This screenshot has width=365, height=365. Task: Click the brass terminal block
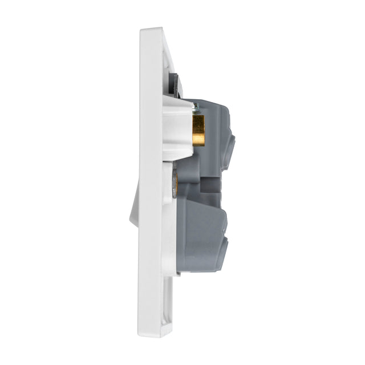point(198,130)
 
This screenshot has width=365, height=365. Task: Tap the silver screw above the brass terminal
point(194,106)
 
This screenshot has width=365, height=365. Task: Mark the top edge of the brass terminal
point(198,116)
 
